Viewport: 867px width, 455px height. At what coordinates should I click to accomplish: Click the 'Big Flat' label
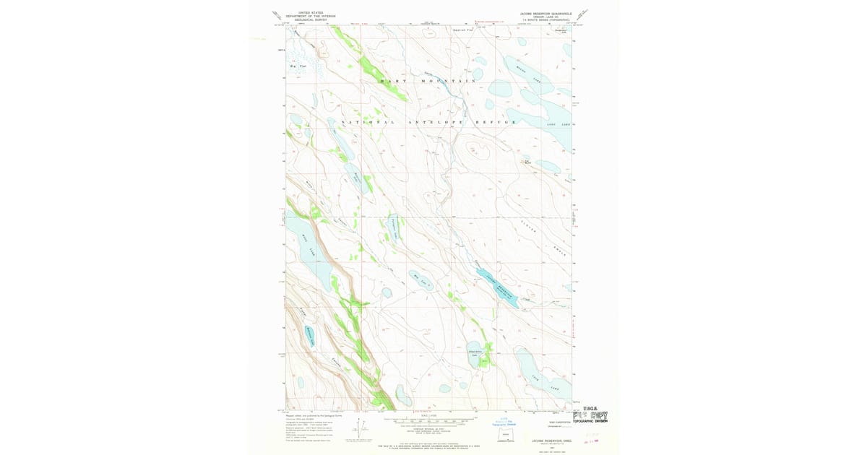298,66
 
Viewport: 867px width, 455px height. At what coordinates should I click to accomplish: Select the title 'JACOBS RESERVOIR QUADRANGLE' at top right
546,13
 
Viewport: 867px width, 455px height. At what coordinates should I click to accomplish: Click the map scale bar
433,418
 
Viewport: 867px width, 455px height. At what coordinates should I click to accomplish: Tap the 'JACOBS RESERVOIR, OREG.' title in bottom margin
546,438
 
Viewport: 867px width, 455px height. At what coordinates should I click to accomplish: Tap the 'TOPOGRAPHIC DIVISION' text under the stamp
590,421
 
